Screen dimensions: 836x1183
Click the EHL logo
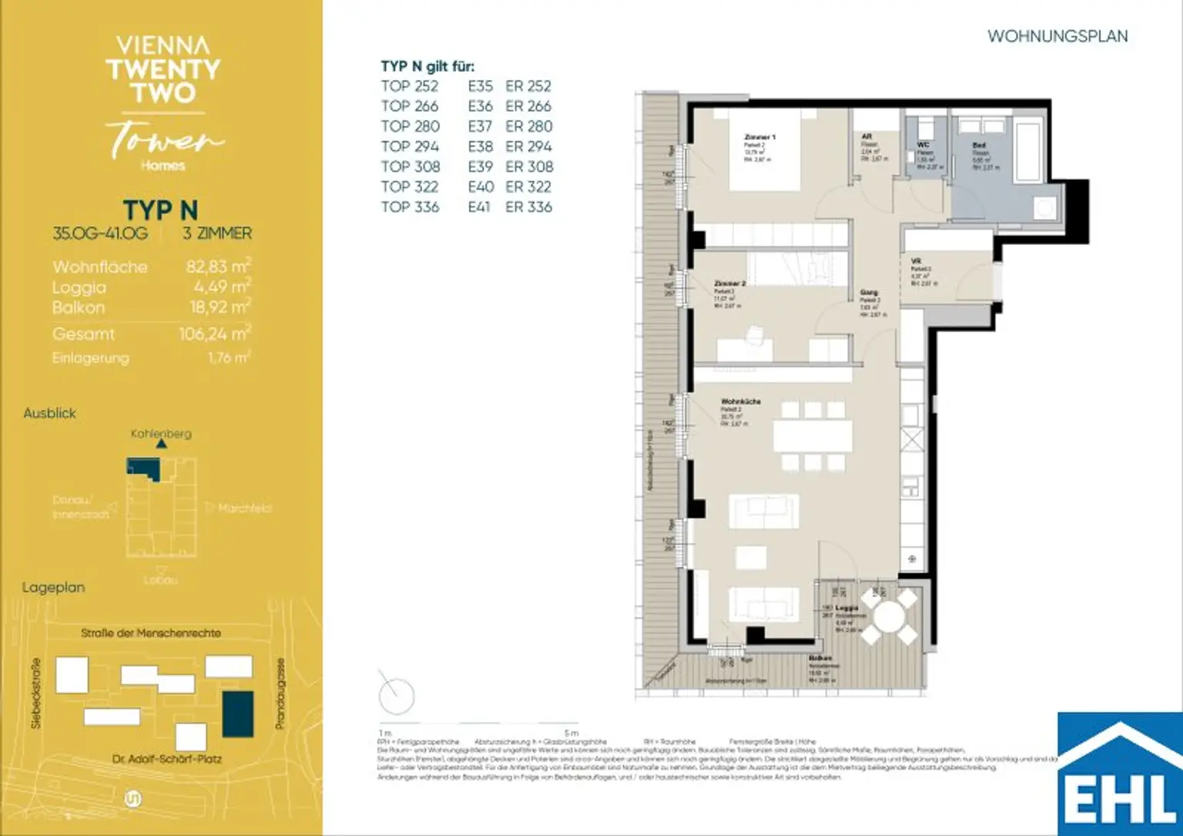(1120, 774)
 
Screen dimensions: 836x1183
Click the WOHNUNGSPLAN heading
(1057, 36)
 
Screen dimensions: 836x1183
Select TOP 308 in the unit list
(410, 166)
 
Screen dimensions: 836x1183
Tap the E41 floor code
(479, 206)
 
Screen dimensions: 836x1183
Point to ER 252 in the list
(528, 86)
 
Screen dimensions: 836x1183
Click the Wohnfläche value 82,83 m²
(218, 267)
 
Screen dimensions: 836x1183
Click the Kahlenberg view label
(161, 434)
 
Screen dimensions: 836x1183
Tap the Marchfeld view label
(245, 509)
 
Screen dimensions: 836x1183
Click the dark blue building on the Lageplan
(237, 714)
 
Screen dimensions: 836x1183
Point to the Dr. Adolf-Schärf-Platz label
(166, 759)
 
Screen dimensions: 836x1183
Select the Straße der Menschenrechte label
(151, 633)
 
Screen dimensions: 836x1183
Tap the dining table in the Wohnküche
(813, 436)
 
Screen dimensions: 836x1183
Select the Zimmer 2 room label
(729, 284)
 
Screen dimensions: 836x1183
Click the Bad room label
(979, 145)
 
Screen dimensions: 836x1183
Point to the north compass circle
(397, 697)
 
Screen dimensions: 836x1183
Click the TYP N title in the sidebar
(160, 210)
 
